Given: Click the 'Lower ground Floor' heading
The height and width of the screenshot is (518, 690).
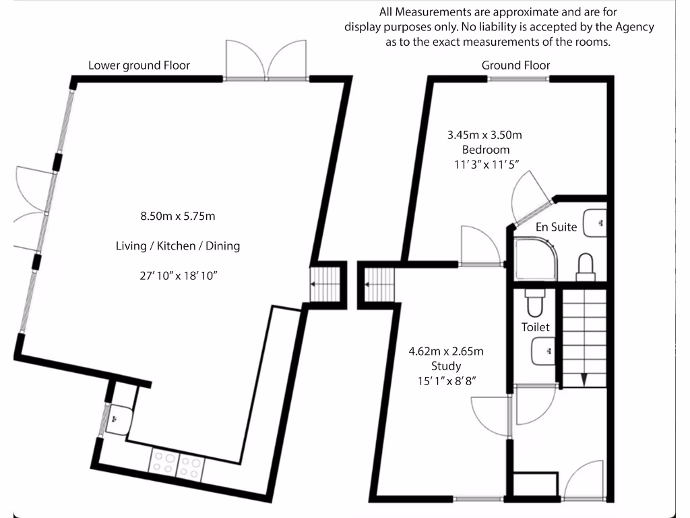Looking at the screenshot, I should point(139,65).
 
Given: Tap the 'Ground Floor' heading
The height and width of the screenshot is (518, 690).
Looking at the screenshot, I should point(515,65).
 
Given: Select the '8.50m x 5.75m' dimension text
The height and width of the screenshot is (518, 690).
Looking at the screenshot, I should point(177,217).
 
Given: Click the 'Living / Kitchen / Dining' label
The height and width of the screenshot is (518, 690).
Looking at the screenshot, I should point(177,246).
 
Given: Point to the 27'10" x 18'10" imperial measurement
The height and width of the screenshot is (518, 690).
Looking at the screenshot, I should point(177,275).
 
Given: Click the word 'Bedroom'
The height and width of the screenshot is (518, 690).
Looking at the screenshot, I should point(485,150).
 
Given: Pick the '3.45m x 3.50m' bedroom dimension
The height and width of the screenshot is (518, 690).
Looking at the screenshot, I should point(484,135).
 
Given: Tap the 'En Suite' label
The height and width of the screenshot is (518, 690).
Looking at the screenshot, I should point(556,227).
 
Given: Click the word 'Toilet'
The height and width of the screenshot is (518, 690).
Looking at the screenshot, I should point(536,327).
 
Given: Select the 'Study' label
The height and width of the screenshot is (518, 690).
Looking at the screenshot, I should point(446,366).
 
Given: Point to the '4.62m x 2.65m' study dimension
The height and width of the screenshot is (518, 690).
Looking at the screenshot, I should point(446,351).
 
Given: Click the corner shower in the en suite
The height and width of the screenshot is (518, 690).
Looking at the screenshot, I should point(535,258).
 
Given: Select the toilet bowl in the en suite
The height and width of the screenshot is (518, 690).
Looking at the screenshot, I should point(586,264).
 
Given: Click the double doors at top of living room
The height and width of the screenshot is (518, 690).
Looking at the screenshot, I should point(267,61).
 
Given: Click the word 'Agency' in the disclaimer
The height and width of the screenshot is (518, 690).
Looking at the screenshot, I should point(633,27).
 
